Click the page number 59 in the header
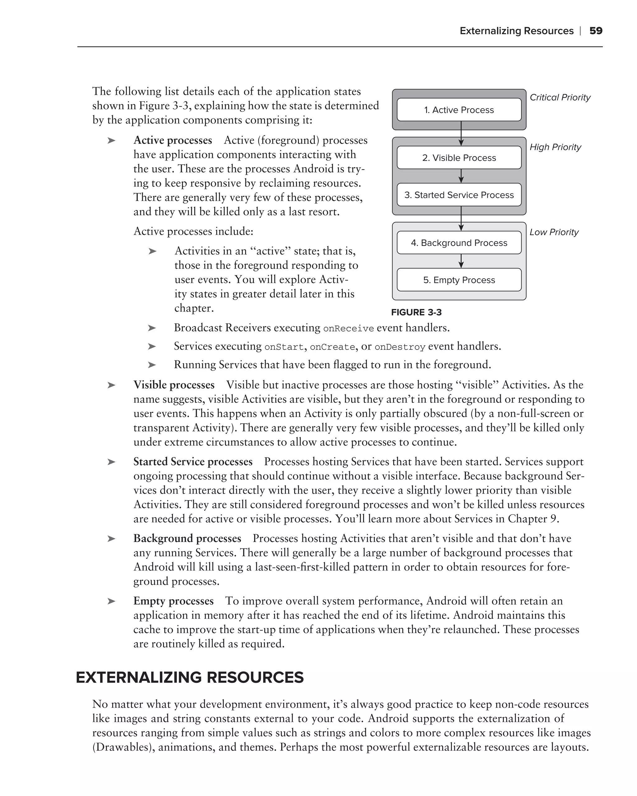596,31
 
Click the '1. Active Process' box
459,110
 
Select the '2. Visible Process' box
459,158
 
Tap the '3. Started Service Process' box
459,195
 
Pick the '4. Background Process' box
459,243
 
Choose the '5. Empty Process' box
459,280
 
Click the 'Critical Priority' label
560,97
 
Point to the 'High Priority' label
555,147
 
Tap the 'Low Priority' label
554,232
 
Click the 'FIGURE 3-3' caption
416,312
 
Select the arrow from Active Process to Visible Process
461,134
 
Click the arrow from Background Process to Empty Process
461,261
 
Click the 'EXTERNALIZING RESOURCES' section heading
189,678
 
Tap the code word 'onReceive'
348,329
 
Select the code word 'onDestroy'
400,347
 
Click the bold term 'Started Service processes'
193,462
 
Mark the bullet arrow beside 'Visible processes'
111,385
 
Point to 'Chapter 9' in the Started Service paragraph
532,519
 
